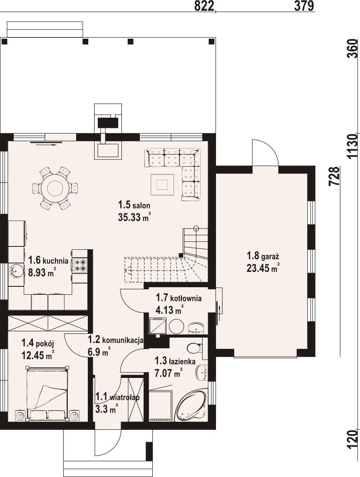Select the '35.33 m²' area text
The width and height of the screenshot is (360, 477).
point(134,217)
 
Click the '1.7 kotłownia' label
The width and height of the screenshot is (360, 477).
point(179,298)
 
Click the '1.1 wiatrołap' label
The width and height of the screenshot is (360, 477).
point(117,397)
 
